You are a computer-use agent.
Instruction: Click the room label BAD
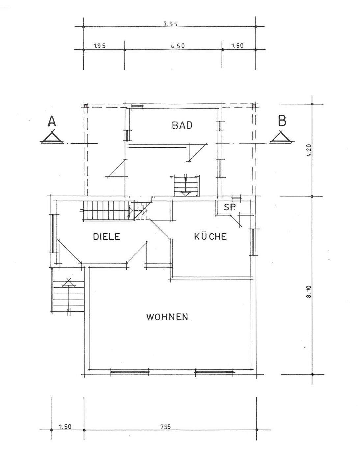tap(182, 125)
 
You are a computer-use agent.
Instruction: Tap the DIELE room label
tap(106, 237)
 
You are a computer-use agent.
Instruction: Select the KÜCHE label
tap(210, 236)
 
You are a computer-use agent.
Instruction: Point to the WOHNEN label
tap(167, 317)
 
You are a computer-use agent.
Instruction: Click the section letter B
tap(282, 121)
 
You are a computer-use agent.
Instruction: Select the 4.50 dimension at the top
tap(177, 46)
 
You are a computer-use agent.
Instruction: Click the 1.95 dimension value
tap(99, 46)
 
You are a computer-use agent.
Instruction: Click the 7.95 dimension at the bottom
tap(166, 427)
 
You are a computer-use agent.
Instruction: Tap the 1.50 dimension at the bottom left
tap(65, 427)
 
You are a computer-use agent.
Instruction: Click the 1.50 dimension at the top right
tap(237, 45)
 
